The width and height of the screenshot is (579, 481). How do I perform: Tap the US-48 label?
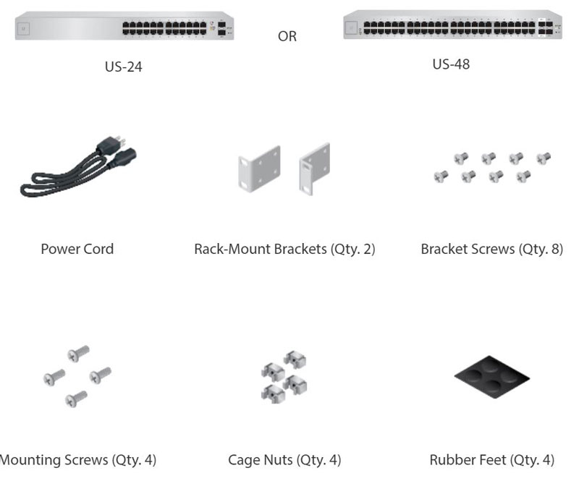[x=451, y=64]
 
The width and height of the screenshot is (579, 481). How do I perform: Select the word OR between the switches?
[x=287, y=36]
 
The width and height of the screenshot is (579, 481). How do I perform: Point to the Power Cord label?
[x=77, y=249]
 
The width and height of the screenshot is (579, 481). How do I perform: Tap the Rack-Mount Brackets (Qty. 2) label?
[x=284, y=249]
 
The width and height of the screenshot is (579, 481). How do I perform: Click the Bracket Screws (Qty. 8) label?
[x=491, y=249]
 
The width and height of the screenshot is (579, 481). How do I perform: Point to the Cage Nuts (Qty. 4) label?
[x=284, y=459]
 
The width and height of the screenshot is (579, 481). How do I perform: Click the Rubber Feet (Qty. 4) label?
[x=491, y=459]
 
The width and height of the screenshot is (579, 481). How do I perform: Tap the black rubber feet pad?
[x=491, y=378]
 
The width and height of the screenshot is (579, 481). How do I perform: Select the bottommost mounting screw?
[x=76, y=397]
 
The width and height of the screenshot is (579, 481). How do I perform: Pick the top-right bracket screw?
[x=544, y=156]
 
